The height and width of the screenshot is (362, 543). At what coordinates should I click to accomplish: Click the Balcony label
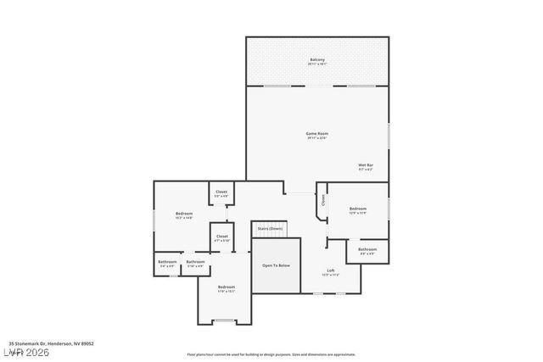click(316, 60)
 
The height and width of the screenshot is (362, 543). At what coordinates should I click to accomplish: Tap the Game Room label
click(316, 133)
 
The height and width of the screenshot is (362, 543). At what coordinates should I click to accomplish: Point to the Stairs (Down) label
click(270, 228)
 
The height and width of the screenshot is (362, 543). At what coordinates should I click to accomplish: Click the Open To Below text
click(276, 265)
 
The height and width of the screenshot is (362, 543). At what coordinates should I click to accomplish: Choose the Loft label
click(330, 271)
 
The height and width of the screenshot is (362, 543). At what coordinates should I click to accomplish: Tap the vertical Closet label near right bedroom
click(322, 201)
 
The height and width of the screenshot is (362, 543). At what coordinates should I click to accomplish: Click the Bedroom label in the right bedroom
click(358, 209)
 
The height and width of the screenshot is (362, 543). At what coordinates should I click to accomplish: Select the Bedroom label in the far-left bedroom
click(184, 214)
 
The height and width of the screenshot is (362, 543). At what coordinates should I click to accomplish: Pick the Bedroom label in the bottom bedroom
click(226, 287)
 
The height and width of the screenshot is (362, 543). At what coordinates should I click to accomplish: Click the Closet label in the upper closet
click(221, 192)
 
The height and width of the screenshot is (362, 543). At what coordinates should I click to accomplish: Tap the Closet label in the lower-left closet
click(221, 237)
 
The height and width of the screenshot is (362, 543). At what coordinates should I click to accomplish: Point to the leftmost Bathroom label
click(166, 262)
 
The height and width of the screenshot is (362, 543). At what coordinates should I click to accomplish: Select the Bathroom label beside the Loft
click(367, 249)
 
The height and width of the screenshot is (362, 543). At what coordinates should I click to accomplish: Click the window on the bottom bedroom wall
click(226, 320)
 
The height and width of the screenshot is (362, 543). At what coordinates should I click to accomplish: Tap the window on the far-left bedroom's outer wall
click(154, 218)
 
